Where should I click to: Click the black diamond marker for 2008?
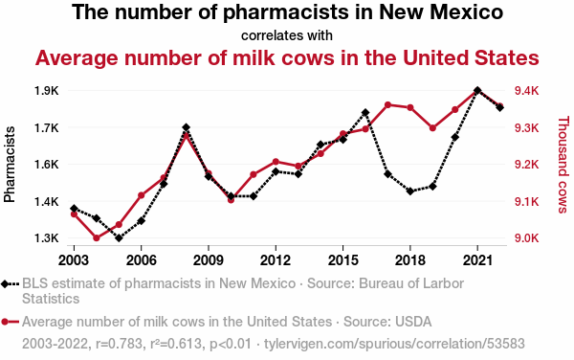pos(186,127)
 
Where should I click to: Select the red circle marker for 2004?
pos(97,238)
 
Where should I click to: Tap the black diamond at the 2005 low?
pos(119,238)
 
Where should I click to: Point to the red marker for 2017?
pos(388,105)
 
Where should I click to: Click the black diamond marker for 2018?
pos(410,191)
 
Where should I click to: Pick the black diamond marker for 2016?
pos(365,112)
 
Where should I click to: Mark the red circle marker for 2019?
pos(432,128)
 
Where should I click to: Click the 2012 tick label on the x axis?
pos(276,260)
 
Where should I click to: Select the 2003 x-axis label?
pos(74,260)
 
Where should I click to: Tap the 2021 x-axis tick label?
pos(477,260)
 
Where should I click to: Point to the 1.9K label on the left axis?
pos(47,91)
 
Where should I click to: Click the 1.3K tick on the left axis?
pos(47,238)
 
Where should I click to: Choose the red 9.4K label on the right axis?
pos(527,91)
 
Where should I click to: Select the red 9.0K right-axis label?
pos(527,238)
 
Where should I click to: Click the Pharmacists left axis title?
pos(10,165)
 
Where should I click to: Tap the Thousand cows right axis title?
pos(563,165)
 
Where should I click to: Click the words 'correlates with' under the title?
pos(287,35)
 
